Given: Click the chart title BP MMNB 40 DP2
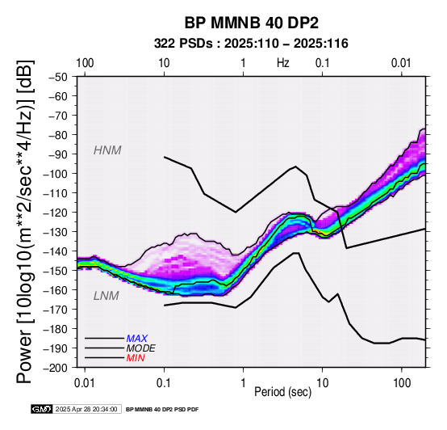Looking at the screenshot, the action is click(252, 23).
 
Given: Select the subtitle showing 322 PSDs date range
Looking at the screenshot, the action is click(251, 44).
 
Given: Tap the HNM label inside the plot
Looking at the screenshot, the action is click(107, 150).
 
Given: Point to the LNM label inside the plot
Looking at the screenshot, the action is click(106, 296).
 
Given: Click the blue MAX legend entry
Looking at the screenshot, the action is click(137, 339).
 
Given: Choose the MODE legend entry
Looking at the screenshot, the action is click(141, 348).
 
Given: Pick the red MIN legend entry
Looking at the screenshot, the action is click(136, 358).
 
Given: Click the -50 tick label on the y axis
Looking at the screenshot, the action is click(58, 77).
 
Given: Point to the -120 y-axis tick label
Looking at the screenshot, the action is click(56, 213).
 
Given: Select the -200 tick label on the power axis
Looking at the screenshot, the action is click(56, 368).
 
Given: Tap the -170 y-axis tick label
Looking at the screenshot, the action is click(56, 310).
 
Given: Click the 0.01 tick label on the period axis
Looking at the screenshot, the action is click(85, 383).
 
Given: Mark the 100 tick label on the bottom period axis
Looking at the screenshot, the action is click(402, 383).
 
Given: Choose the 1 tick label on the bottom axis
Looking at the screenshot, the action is click(243, 383).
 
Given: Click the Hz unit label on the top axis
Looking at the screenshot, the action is click(282, 63).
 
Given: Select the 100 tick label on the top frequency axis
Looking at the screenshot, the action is click(85, 63).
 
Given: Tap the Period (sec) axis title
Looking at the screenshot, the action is click(282, 392).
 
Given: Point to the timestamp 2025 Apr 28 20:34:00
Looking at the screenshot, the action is click(86, 410).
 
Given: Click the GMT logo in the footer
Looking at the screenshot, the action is click(42, 410).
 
